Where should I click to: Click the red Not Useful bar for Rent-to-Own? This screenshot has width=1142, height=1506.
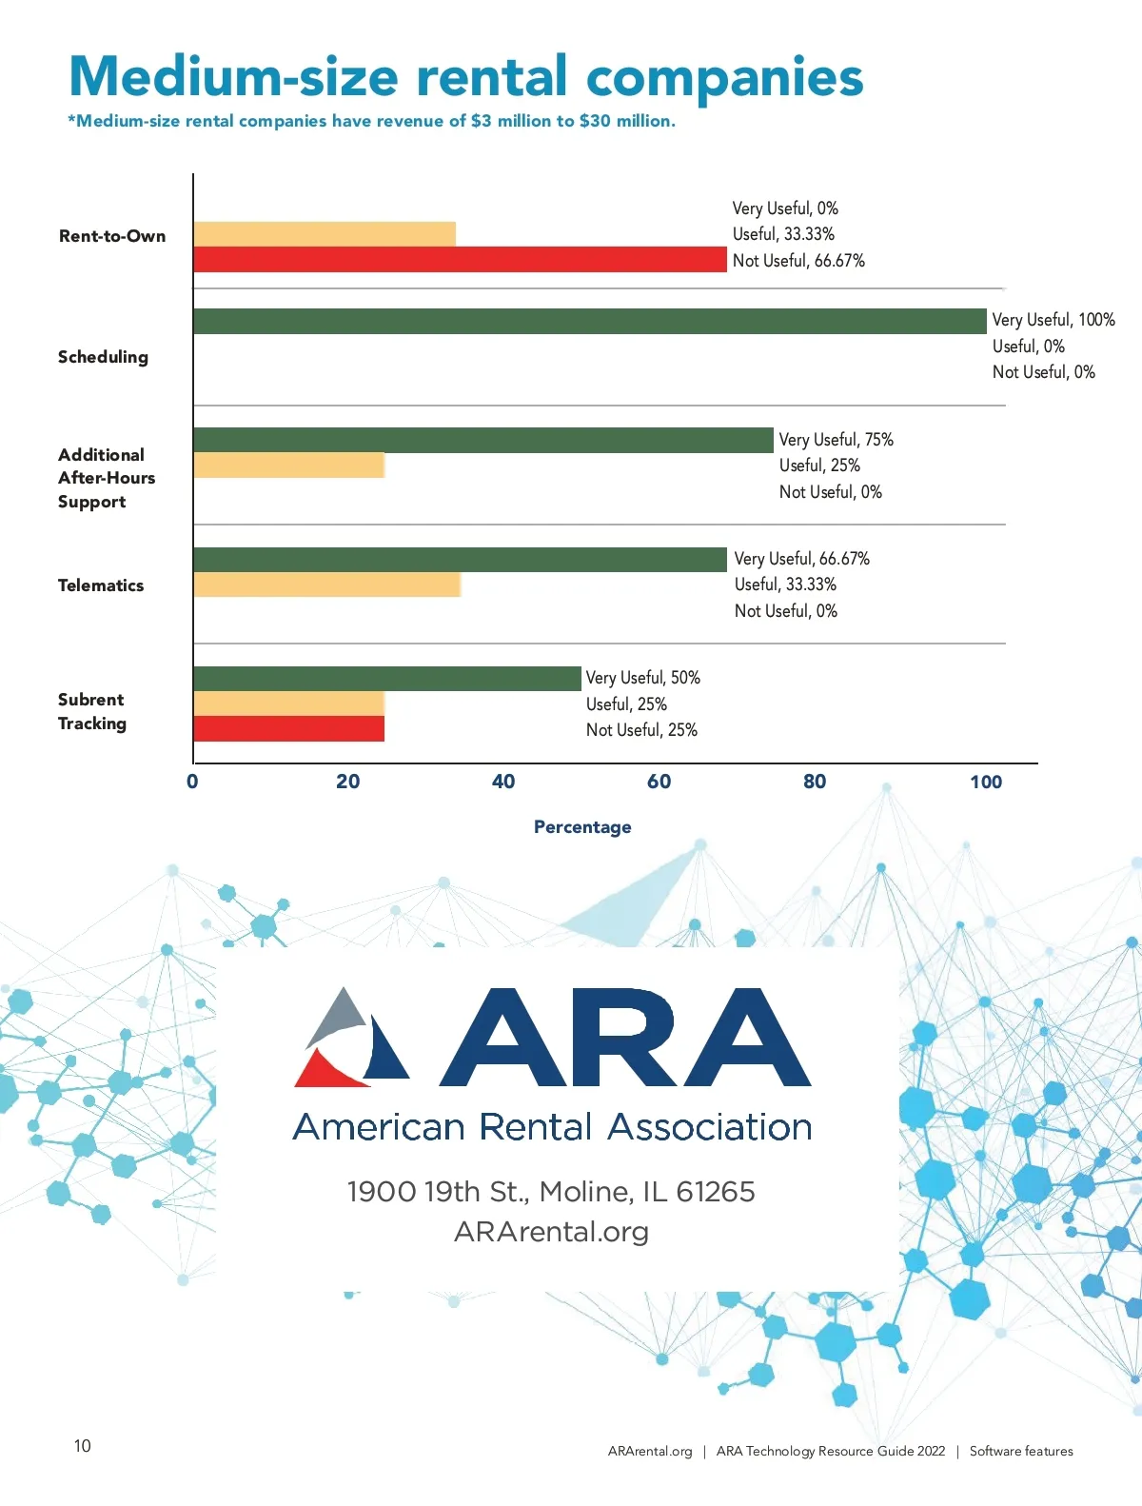(x=460, y=259)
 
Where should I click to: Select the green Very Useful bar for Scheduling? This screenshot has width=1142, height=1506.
(x=589, y=321)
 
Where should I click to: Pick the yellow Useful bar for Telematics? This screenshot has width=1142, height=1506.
(x=326, y=585)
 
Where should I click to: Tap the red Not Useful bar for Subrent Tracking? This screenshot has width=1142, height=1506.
(x=288, y=729)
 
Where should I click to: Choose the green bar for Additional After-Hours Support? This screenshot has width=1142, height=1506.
(x=482, y=440)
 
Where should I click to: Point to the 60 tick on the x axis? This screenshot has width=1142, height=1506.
(x=659, y=782)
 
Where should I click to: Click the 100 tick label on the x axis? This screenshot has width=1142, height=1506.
(x=986, y=782)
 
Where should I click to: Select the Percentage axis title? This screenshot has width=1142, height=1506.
(x=582, y=827)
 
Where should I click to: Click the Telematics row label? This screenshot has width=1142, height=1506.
(x=101, y=585)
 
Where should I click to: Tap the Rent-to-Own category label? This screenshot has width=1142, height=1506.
(x=112, y=236)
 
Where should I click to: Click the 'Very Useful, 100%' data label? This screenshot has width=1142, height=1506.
(x=1053, y=320)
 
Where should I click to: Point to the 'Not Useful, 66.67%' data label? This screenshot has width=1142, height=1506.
(x=798, y=261)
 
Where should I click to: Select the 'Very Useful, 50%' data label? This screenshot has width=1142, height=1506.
(x=643, y=678)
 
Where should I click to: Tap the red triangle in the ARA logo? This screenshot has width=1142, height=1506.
(x=325, y=1068)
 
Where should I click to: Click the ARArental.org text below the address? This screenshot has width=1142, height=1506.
(x=551, y=1232)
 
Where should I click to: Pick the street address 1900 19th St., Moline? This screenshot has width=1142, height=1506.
(x=551, y=1192)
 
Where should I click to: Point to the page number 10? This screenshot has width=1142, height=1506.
(x=83, y=1446)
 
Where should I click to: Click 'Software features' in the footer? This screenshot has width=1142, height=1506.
(x=1021, y=1451)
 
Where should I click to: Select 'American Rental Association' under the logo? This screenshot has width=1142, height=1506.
(x=552, y=1127)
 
